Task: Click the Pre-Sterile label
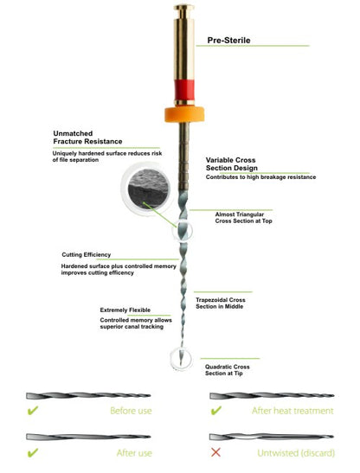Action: click(x=228, y=40)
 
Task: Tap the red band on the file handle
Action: click(x=184, y=90)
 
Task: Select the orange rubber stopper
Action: click(x=184, y=114)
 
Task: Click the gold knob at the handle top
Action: click(x=184, y=10)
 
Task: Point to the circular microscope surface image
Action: click(x=147, y=189)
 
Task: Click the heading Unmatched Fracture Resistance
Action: click(x=87, y=137)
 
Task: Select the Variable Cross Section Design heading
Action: click(x=232, y=163)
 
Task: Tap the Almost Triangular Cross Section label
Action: click(x=243, y=218)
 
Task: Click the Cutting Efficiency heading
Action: click(x=86, y=254)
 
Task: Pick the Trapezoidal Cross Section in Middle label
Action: click(x=220, y=304)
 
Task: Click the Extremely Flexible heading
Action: click(x=125, y=310)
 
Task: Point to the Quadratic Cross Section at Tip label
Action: click(x=227, y=370)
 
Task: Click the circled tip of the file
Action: click(x=181, y=359)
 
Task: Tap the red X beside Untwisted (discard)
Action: click(x=215, y=452)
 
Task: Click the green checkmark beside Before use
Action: click(x=33, y=410)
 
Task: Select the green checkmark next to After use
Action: click(x=33, y=452)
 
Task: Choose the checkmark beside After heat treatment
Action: click(x=216, y=410)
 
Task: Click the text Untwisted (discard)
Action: click(x=296, y=453)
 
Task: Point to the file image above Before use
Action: click(x=88, y=395)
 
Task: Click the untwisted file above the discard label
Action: click(x=272, y=437)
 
